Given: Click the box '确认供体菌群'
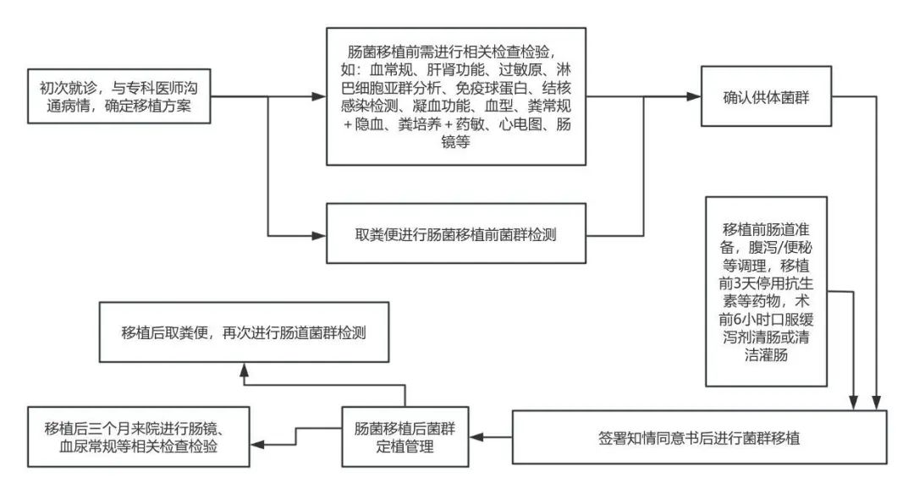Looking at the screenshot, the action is tap(766, 96).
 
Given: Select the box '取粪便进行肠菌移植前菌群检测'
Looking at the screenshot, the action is tap(456, 233).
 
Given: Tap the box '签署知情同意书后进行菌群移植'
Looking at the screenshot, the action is tap(700, 437).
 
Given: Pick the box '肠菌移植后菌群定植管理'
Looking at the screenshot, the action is tap(405, 437).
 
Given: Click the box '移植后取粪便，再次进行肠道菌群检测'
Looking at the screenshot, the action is tap(244, 332).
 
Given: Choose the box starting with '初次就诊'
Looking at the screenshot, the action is tap(119, 96).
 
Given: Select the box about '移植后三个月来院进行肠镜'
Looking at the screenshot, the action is tap(139, 437).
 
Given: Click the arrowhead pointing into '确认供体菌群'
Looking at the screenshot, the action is tap(694, 96).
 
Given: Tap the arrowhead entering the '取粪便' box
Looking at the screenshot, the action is tap(319, 235).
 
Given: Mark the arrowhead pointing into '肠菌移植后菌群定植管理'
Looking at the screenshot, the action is tap(476, 437).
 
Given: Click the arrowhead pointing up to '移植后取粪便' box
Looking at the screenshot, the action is tap(245, 370).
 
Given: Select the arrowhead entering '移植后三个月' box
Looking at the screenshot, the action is tap(257, 444).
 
